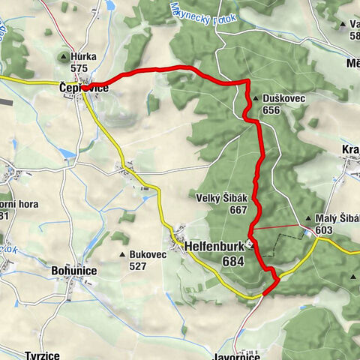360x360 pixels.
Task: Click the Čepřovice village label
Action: (84, 88)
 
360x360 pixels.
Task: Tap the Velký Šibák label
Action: (223, 198)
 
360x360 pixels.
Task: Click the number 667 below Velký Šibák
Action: (238, 210)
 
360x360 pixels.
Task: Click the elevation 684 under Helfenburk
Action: (233, 260)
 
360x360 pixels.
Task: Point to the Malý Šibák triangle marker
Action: (309, 220)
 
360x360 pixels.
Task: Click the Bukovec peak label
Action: (148, 255)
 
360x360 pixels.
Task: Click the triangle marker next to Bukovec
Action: (123, 255)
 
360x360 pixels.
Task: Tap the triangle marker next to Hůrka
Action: (64, 56)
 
